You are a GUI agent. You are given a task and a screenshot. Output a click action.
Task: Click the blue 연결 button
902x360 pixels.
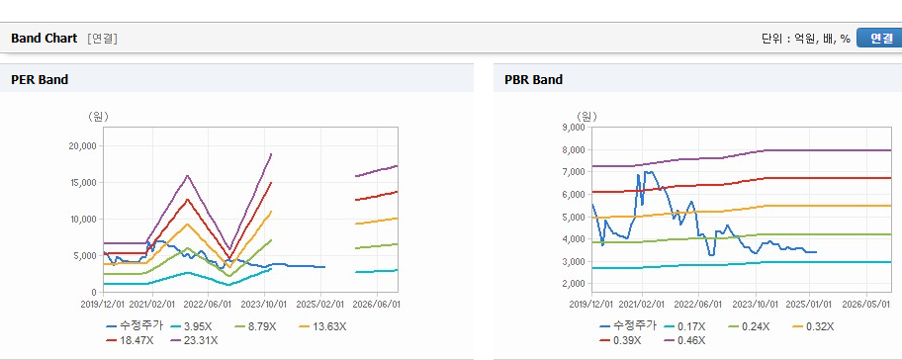coord(879,38)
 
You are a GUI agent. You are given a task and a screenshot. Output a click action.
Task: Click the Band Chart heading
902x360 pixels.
coord(44,39)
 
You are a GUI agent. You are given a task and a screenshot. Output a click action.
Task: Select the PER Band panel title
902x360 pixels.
coord(40,80)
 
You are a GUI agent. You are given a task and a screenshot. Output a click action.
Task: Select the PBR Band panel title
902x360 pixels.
coord(533,80)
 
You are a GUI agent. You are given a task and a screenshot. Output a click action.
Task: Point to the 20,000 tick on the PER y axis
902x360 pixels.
coord(83,146)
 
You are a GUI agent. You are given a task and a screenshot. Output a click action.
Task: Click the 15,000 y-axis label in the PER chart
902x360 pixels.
coord(83,183)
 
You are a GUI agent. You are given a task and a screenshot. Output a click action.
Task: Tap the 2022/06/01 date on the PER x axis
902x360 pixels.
coord(208,304)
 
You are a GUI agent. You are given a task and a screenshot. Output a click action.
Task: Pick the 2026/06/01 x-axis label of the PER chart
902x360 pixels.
coord(376,304)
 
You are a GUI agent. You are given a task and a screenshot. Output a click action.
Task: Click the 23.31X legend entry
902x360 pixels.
coord(195,340)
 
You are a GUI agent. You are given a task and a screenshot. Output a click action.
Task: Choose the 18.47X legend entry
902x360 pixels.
coord(130,340)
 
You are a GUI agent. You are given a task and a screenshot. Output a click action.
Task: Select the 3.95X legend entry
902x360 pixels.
coord(191,326)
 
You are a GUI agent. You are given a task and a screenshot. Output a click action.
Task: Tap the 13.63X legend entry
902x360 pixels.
coord(323,326)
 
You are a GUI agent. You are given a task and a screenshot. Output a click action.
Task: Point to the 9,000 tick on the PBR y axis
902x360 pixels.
coord(574,128)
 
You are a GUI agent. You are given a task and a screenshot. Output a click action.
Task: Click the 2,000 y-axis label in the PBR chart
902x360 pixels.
coord(574,284)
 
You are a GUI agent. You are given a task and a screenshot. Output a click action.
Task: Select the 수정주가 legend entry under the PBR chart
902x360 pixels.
coord(628,326)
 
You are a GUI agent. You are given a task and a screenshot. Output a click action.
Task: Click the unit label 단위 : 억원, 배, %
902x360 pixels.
coord(806,39)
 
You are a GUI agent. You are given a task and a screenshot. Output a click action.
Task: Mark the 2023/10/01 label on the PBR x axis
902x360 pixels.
coord(754,304)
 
